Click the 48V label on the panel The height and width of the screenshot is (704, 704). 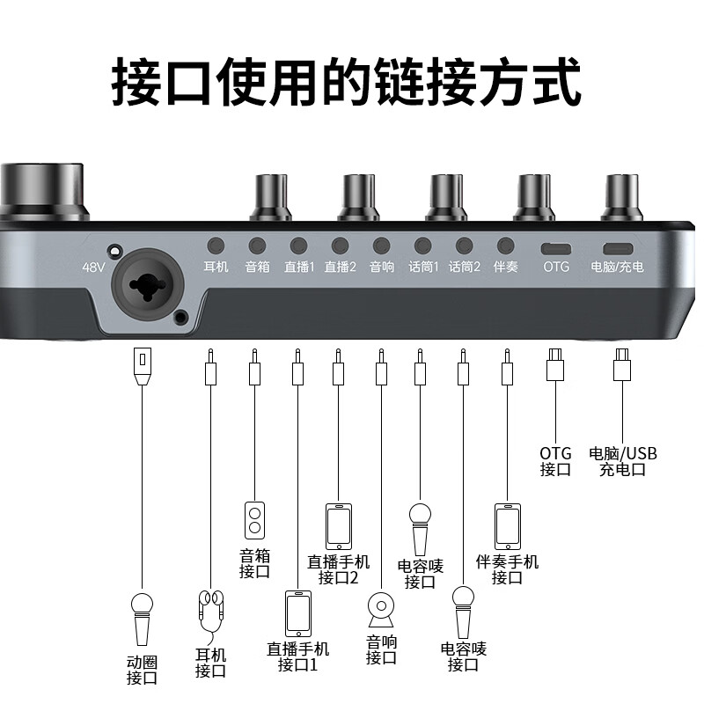tap(92, 267)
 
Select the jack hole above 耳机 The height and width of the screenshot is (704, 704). tap(216, 246)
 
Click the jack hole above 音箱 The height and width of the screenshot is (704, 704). tap(257, 246)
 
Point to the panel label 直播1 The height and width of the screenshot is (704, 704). tap(298, 266)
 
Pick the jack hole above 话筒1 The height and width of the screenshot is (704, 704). tap(422, 246)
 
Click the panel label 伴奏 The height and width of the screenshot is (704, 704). tap(505, 266)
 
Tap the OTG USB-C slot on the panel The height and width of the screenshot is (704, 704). tap(556, 247)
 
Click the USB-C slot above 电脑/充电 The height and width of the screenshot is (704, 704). tap(618, 247)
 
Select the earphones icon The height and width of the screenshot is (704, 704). tap(210, 613)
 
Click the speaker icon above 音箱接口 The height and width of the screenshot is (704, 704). tap(254, 520)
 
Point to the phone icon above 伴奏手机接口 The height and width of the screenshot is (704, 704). tap(507, 525)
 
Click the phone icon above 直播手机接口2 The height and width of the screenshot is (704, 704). tap(339, 525)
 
